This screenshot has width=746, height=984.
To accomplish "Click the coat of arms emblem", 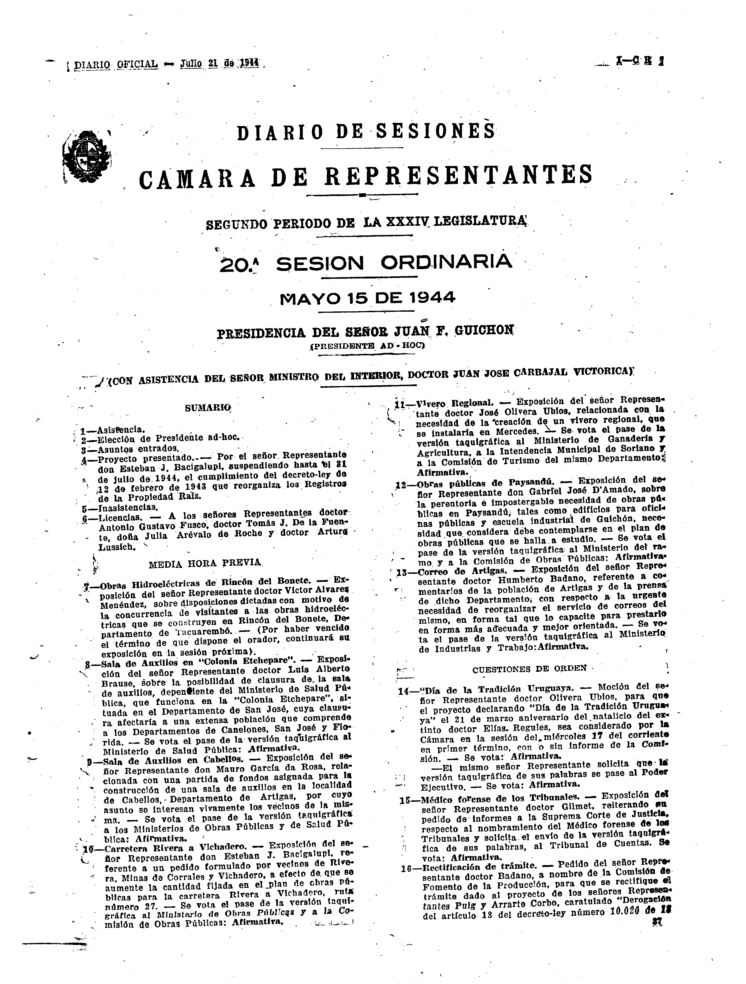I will [87, 158].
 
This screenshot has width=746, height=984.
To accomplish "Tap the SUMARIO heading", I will [208, 407].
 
